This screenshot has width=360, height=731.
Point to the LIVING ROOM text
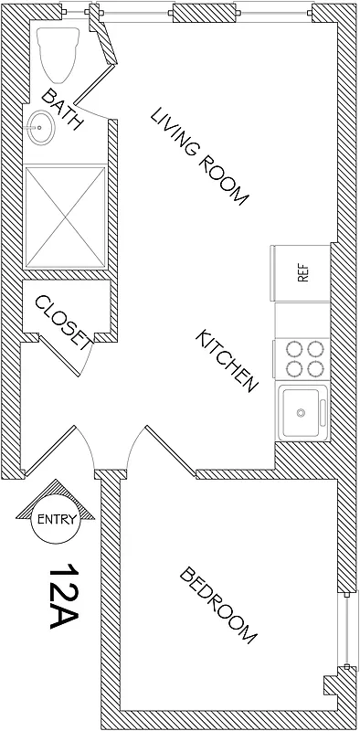click(x=200, y=156)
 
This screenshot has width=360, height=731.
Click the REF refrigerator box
click(x=302, y=272)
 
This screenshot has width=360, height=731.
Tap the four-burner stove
click(x=302, y=358)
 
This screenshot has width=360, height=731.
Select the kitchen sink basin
click(x=301, y=413)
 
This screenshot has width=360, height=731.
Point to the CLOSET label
click(x=61, y=322)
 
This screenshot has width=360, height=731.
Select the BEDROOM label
click(x=218, y=606)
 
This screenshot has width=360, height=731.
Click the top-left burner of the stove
click(x=294, y=348)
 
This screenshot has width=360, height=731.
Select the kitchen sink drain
click(x=301, y=414)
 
